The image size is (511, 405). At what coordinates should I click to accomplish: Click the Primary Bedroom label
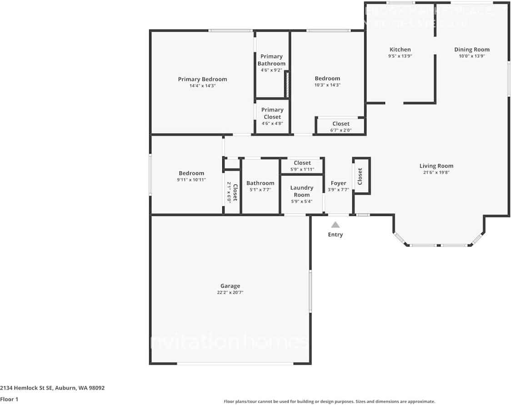click(202, 79)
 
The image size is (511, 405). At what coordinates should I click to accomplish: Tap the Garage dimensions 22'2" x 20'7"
click(230, 293)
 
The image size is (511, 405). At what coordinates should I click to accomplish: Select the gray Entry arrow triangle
click(336, 225)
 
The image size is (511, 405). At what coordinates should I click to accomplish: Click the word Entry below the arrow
click(336, 235)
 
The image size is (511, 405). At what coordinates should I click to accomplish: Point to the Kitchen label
click(400, 50)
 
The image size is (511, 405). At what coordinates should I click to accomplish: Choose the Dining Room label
click(472, 50)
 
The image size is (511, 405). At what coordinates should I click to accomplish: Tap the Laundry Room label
click(302, 191)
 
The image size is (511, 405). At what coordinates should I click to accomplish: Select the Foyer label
click(338, 183)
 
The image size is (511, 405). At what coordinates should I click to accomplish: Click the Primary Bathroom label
click(272, 60)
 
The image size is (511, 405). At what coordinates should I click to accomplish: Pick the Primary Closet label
click(272, 113)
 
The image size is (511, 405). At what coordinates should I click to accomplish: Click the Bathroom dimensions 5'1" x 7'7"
click(260, 190)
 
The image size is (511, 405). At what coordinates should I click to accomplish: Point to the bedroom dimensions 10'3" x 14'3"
click(327, 85)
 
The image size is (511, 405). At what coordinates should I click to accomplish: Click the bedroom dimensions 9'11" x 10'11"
click(191, 180)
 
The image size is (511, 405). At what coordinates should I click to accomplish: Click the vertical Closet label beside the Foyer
click(360, 176)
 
